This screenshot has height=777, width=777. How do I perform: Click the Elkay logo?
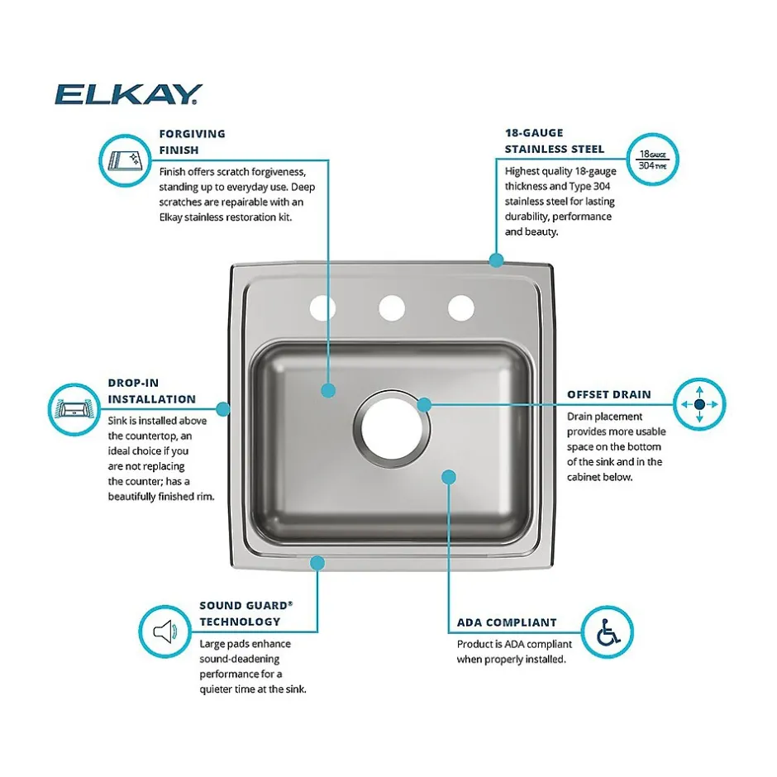128,94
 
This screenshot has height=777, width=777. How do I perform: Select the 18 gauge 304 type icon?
653,160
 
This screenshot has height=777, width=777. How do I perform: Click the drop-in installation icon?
74,409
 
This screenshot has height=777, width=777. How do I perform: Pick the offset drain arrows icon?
699,404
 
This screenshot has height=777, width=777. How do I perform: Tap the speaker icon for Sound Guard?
165,632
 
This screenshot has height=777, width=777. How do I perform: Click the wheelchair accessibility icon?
607,632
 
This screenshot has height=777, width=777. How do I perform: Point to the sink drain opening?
392,429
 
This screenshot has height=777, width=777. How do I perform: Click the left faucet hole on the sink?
322,308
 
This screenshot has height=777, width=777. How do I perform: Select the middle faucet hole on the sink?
392,308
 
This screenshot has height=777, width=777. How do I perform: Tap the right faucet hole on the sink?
461,308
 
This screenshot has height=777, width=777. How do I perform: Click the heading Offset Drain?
609,394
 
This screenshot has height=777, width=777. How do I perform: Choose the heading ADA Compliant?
507,622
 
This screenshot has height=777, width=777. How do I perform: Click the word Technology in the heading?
240,622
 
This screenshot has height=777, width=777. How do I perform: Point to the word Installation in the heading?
151,399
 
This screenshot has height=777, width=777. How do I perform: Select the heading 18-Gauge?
534,133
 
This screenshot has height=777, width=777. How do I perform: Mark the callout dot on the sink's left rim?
223,409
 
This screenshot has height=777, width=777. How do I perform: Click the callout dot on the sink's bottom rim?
317,563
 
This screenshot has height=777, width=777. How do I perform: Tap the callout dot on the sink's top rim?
496,260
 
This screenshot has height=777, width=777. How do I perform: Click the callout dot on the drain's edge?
424,405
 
